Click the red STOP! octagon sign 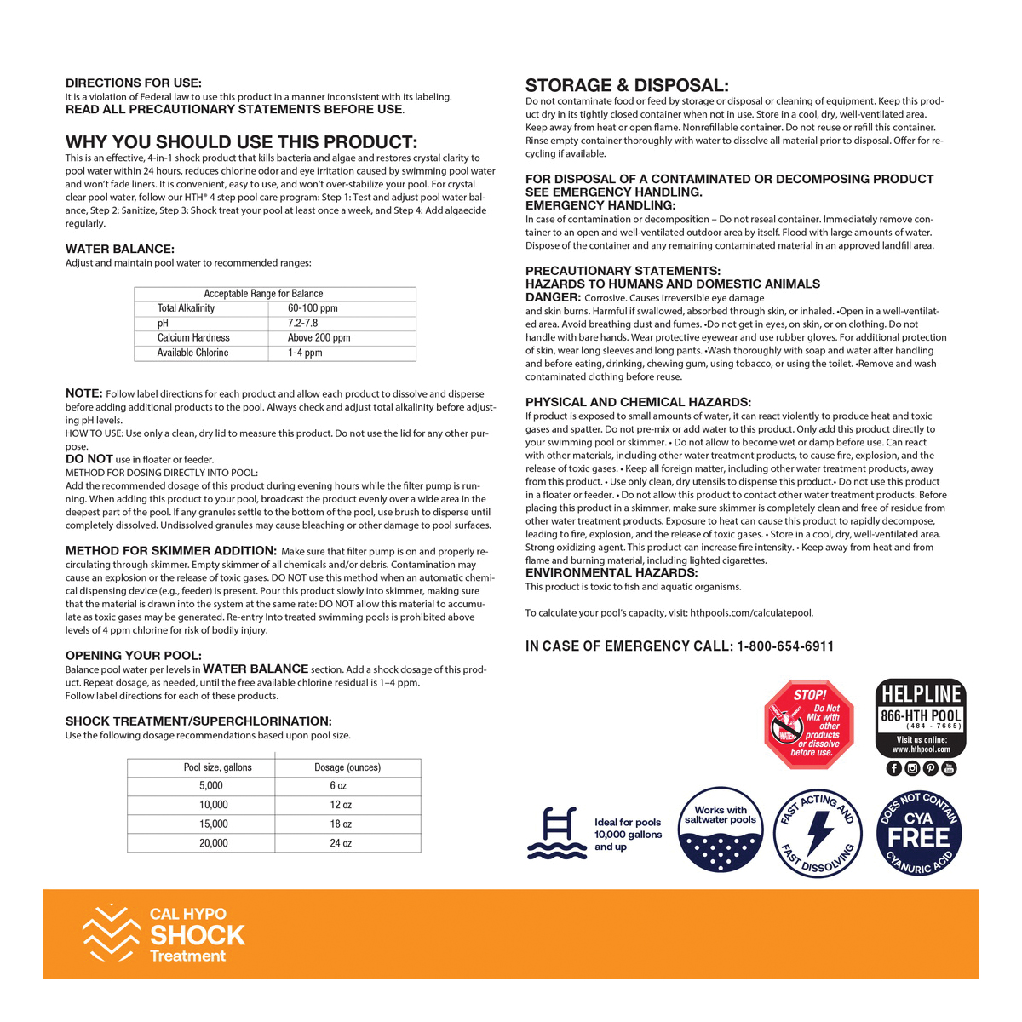808,724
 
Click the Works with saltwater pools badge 721,830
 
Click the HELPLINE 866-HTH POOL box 921,719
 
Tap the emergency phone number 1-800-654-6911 785,646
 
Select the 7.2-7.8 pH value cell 303,324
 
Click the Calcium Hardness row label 193,338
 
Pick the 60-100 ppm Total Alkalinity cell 313,308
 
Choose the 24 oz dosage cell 341,843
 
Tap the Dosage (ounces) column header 347,767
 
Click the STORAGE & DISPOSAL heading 627,85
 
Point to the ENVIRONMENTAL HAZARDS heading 611,573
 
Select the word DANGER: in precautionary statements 553,297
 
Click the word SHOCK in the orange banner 198,935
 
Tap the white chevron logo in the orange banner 110,934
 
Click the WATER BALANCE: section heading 120,249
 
